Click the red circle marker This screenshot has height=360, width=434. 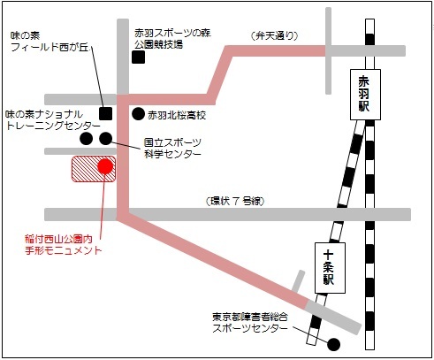click(x=105, y=166)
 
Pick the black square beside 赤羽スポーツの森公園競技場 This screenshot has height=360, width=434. click(x=138, y=58)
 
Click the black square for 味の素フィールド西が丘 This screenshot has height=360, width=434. click(x=105, y=113)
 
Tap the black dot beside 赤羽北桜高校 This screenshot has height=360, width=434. click(x=138, y=113)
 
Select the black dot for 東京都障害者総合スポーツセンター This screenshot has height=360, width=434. click(x=333, y=344)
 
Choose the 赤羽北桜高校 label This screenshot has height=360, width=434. click(x=176, y=114)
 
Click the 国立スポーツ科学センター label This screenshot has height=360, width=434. click(x=172, y=147)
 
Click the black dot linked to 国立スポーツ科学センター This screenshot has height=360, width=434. click(x=106, y=139)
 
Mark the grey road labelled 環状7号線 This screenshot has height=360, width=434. click(x=265, y=214)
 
